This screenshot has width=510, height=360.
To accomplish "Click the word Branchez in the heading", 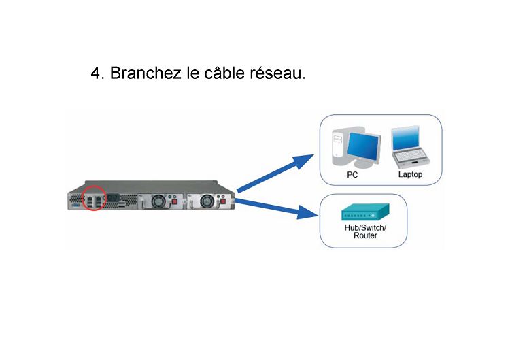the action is coord(146,73).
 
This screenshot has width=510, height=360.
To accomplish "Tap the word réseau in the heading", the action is coord(277,72).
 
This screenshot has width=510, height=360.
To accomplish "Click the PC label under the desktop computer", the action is coord(352,175).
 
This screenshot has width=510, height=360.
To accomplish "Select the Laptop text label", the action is coord(410,174).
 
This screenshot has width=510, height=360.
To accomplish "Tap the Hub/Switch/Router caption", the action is coord(365,231).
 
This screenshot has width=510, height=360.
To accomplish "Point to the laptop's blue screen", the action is coord(405,138).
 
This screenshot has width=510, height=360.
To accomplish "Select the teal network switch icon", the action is coord(365,212).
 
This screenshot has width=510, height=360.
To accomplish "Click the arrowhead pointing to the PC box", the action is coord(303,161).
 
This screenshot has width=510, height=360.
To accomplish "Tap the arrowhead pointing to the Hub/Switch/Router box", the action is coord(307,212).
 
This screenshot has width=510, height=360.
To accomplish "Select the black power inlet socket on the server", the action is coord(114,197).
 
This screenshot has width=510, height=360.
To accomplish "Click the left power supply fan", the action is coord(159,201).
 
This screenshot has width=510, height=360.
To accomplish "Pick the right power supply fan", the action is coord(207,201).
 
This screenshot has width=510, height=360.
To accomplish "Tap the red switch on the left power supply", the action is coord(174,202).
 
